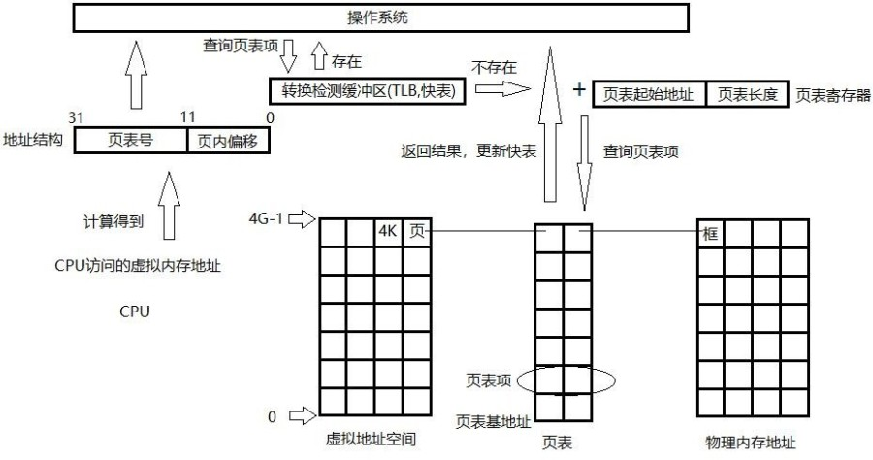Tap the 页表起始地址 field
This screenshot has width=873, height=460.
point(647,94)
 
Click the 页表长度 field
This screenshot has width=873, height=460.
point(745,94)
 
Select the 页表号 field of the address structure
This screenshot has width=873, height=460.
point(130,141)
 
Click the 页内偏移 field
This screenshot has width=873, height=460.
point(228,141)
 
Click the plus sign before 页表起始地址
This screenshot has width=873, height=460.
point(579,90)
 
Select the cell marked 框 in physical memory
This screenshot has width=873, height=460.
point(711,233)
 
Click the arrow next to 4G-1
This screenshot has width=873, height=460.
point(303,220)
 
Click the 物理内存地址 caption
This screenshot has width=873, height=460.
point(752,441)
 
